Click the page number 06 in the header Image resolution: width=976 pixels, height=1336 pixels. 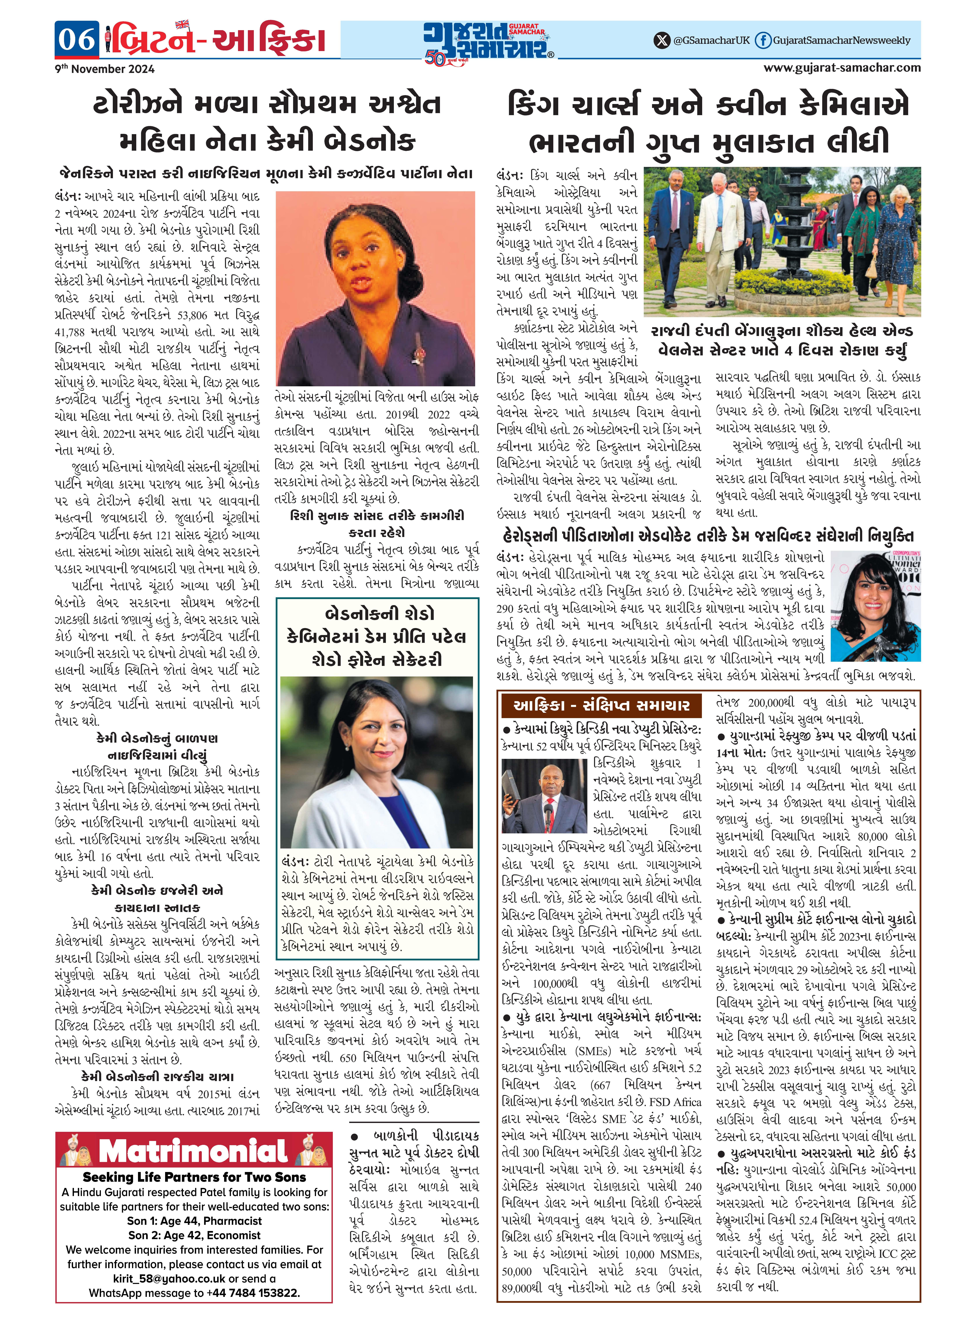coord(77,40)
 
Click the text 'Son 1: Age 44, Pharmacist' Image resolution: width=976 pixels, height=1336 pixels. coord(194,1220)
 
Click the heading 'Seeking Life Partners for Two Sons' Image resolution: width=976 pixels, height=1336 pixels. coord(194,1177)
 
